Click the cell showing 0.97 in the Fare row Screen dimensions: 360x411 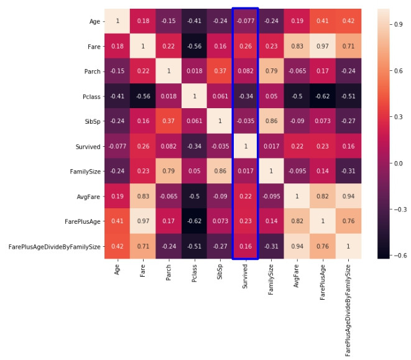321,46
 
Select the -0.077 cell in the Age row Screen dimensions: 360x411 245,21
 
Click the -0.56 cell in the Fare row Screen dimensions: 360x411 193,46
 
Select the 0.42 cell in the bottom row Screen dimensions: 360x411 118,246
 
